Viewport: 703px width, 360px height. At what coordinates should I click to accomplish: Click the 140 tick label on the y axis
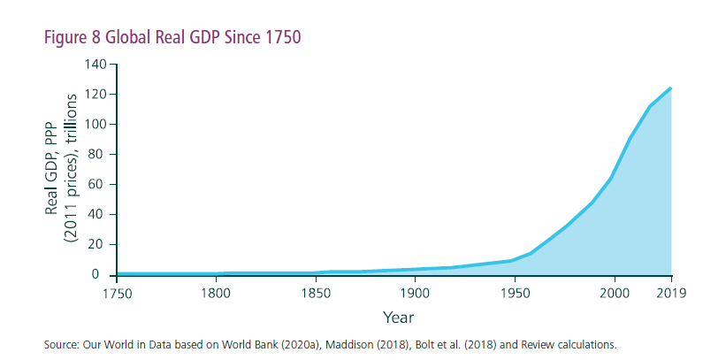coord(96,65)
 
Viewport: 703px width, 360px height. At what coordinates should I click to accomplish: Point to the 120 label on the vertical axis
coord(96,95)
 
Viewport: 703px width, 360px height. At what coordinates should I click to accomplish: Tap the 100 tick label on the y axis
coord(96,125)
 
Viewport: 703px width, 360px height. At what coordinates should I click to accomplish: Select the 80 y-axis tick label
coord(99,155)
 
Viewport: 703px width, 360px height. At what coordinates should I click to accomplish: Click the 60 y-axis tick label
coord(99,185)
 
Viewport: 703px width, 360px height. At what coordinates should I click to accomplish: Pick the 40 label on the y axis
coord(99,215)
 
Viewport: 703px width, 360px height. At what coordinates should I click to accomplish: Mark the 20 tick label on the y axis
coord(99,245)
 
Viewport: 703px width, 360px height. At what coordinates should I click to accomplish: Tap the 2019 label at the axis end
coord(672,293)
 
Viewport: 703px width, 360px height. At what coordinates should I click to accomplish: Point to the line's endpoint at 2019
coord(671,88)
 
